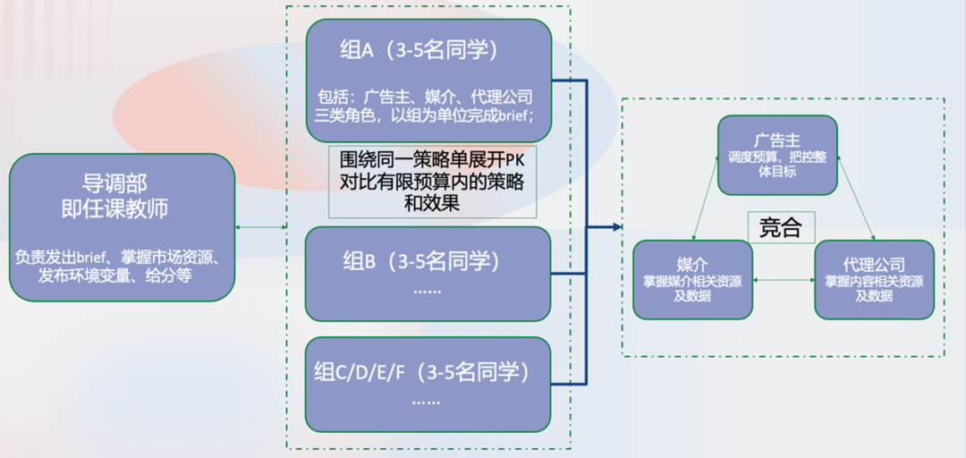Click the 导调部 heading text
click(123, 182)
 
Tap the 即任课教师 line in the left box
click(123, 209)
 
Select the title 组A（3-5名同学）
click(419, 51)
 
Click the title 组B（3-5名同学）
click(419, 262)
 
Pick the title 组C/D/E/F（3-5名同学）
click(421, 372)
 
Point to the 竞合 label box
click(780, 227)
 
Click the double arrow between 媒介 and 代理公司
click(784, 281)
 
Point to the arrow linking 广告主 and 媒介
click(706, 197)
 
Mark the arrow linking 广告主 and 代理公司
click(856, 197)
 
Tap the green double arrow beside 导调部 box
click(261, 227)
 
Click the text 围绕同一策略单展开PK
click(431, 162)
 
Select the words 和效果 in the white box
click(431, 203)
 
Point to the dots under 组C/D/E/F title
click(425, 403)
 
